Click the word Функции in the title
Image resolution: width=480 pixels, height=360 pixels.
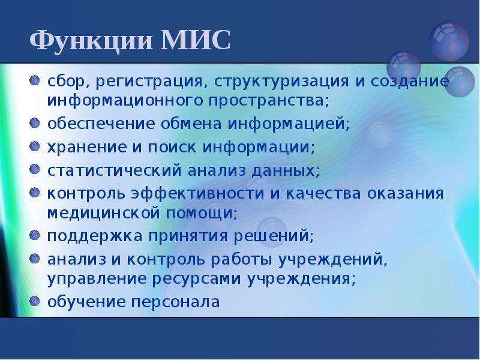(91, 41)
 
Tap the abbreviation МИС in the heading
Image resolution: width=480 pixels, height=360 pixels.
(196, 40)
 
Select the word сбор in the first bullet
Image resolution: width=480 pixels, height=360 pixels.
(68, 82)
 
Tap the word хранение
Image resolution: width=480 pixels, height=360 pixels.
(87, 148)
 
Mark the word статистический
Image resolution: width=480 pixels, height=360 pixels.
(115, 170)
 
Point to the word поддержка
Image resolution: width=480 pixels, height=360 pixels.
(95, 236)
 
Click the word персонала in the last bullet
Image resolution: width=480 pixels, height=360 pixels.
(176, 302)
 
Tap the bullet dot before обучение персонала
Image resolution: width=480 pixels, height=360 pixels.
(35, 301)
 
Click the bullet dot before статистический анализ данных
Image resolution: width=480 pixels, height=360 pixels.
(35, 169)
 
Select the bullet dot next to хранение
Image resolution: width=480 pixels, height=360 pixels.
(35, 146)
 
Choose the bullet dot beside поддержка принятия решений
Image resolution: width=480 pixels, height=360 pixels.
(35, 235)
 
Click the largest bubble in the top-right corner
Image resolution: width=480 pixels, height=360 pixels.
(449, 41)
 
